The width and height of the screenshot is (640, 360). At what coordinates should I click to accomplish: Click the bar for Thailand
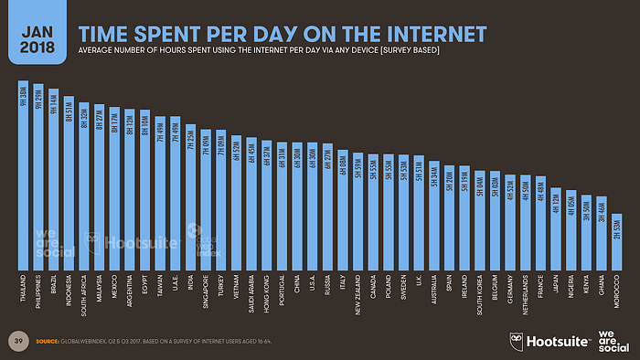click(x=24, y=174)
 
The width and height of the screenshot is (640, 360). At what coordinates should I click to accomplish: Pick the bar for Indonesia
click(x=69, y=183)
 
